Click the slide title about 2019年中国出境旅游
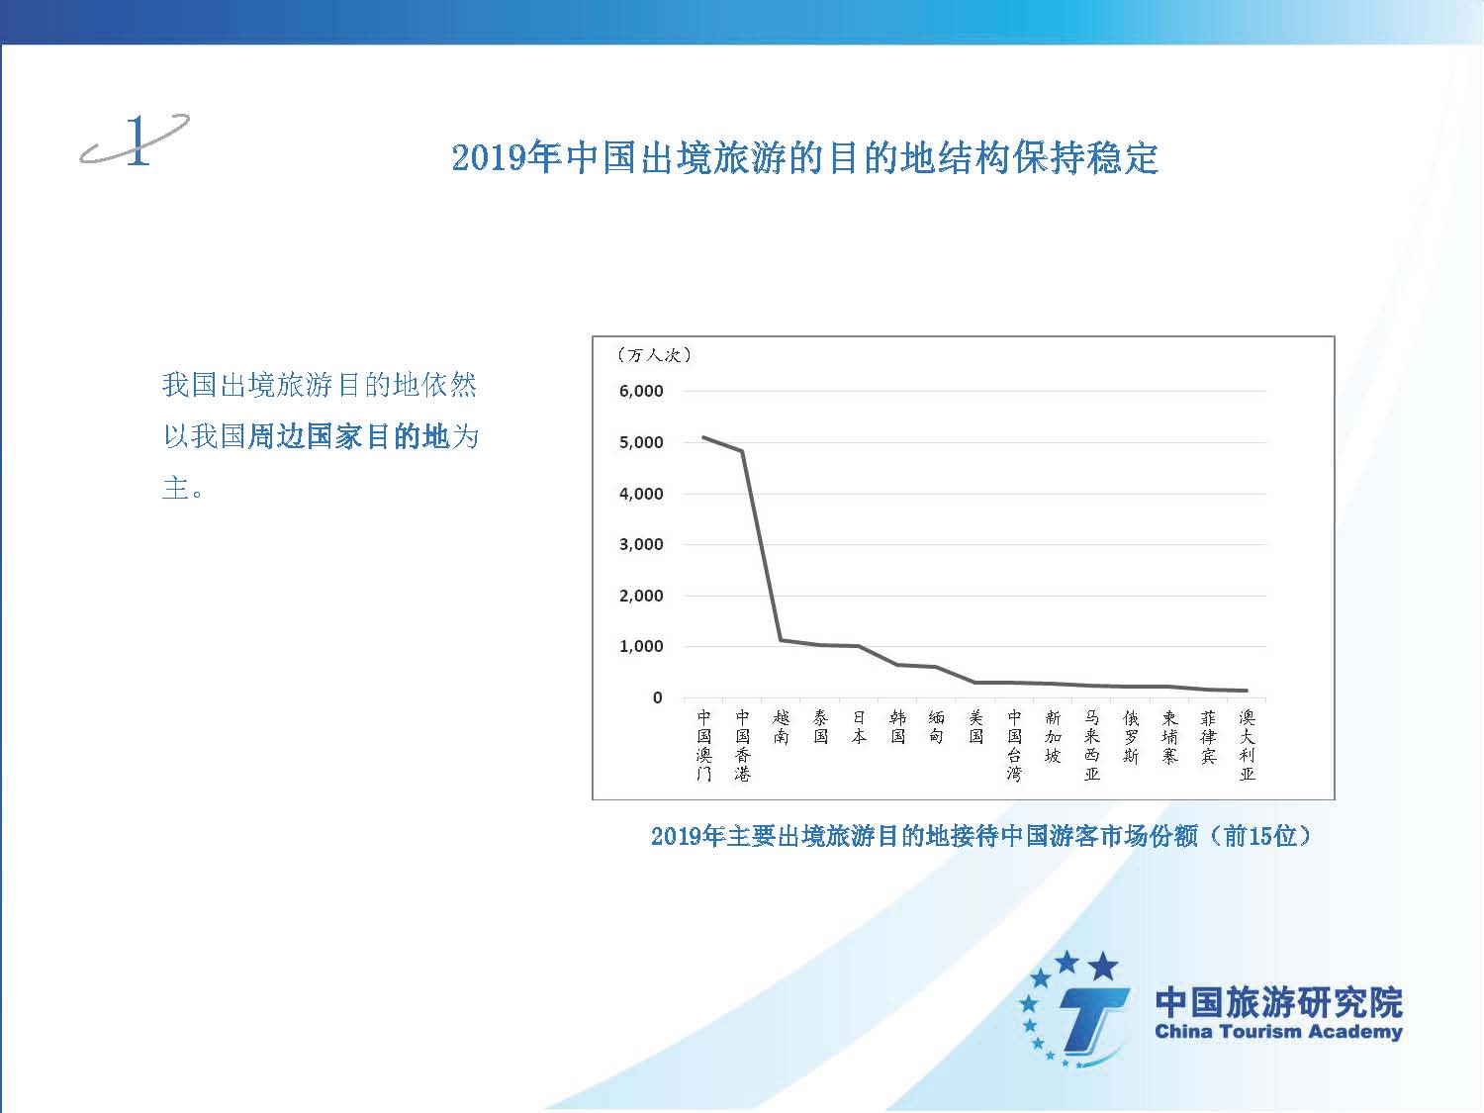click(x=804, y=158)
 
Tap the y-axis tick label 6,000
click(x=641, y=391)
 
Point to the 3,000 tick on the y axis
click(x=641, y=545)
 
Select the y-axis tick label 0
click(x=657, y=698)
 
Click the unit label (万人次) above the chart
click(x=654, y=355)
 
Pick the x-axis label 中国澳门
click(x=703, y=745)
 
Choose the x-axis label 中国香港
click(x=742, y=745)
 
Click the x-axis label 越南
click(x=781, y=727)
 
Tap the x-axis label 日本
click(x=859, y=727)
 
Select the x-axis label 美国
click(x=975, y=727)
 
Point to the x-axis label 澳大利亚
click(x=1248, y=745)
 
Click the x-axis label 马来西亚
click(x=1092, y=745)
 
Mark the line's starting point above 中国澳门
click(x=703, y=437)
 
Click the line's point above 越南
click(x=781, y=639)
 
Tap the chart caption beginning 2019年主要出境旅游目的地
click(x=981, y=837)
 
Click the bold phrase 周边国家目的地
click(x=348, y=436)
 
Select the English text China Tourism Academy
click(x=1278, y=1032)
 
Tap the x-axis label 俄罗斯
click(x=1131, y=737)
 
